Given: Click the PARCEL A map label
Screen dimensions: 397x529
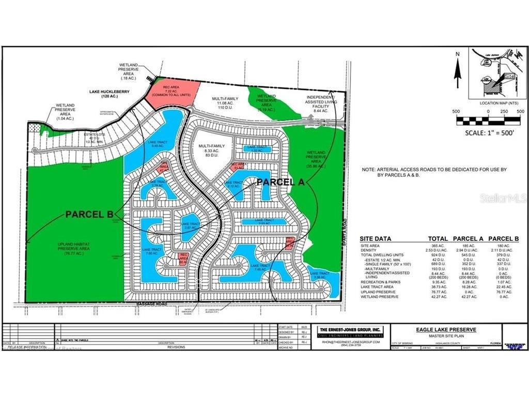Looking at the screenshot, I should (x=280, y=182).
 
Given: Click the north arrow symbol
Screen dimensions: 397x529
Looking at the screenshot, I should (x=457, y=70).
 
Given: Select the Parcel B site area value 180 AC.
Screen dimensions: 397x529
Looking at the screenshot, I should (x=509, y=246).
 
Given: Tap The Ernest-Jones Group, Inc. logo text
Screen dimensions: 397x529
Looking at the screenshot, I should (x=349, y=329).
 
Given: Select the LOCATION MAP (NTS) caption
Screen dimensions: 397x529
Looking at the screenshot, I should (x=499, y=103).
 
